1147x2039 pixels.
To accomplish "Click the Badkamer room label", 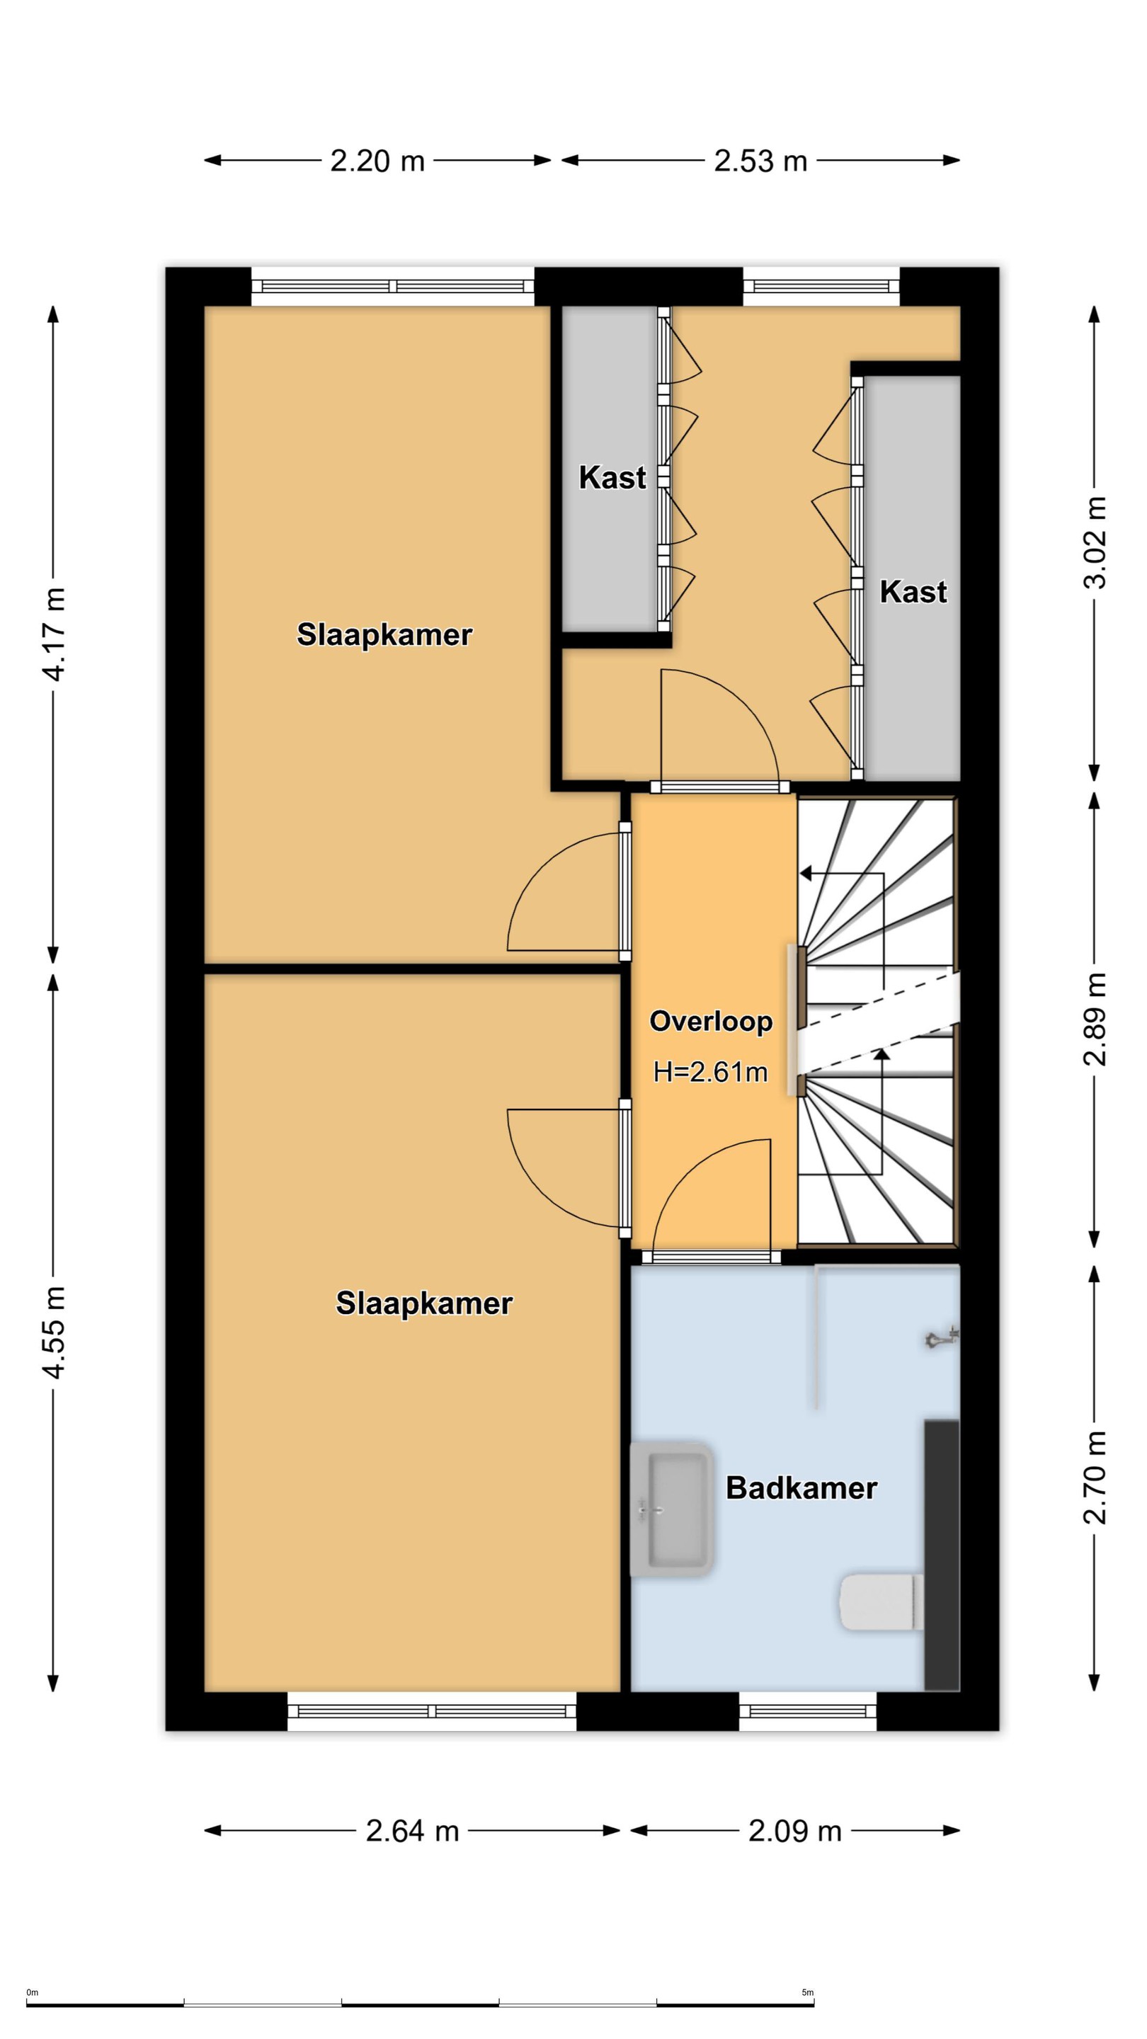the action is pyautogui.click(x=801, y=1488).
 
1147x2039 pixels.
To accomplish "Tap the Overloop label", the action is pyautogui.click(x=711, y=1021).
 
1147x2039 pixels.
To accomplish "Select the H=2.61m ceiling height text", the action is pyautogui.click(x=710, y=1072).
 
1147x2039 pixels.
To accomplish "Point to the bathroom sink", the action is pyautogui.click(x=672, y=1509).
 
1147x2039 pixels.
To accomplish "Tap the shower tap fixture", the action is pyautogui.click(x=942, y=1337).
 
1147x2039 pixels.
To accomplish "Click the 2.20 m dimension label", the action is pyautogui.click(x=377, y=161).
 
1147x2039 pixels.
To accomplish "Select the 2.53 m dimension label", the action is pyautogui.click(x=760, y=161).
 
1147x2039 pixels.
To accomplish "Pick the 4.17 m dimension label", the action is pyautogui.click(x=55, y=634).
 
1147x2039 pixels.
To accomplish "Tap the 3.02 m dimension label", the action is pyautogui.click(x=1095, y=543).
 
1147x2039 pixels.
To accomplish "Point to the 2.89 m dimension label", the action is pyautogui.click(x=1095, y=1019).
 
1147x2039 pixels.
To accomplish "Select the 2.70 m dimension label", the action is pyautogui.click(x=1095, y=1477).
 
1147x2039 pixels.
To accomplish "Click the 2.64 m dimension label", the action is pyautogui.click(x=412, y=1831).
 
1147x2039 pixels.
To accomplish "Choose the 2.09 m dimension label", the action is pyautogui.click(x=794, y=1831).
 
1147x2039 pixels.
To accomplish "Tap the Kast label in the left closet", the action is pyautogui.click(x=612, y=477).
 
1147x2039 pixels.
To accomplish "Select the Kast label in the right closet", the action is pyautogui.click(x=913, y=591).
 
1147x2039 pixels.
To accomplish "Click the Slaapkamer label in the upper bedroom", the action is pyautogui.click(x=384, y=634).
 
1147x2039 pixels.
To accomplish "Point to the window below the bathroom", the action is pyautogui.click(x=808, y=1710).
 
